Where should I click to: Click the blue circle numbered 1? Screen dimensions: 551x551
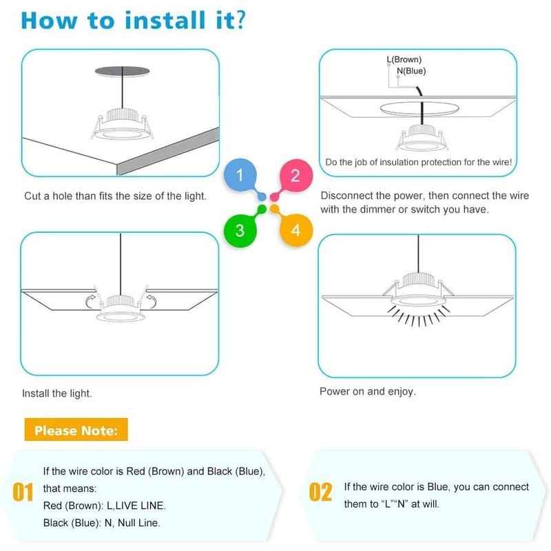[x=240, y=176]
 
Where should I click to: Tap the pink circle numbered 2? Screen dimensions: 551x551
[x=295, y=176]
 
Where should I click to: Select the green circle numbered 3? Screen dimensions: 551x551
[x=240, y=229]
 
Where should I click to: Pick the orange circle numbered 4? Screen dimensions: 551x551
[x=295, y=229]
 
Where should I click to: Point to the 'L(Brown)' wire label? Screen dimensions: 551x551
[x=404, y=60]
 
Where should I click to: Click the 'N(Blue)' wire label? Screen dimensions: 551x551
[x=411, y=71]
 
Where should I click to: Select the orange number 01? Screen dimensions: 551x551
[x=23, y=492]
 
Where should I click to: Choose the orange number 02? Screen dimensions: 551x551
[x=321, y=492]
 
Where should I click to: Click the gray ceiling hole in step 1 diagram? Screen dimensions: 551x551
[x=122, y=72]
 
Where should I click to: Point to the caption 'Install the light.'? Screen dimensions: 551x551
[x=57, y=394]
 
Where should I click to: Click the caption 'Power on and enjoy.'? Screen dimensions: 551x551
[x=367, y=391]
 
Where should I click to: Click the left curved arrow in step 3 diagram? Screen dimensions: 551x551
[x=92, y=300]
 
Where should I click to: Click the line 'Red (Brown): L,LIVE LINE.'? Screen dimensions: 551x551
[x=104, y=506]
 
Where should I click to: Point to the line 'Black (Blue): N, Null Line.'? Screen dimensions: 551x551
[x=101, y=523]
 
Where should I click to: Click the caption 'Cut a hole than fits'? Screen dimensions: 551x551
[x=115, y=196]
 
